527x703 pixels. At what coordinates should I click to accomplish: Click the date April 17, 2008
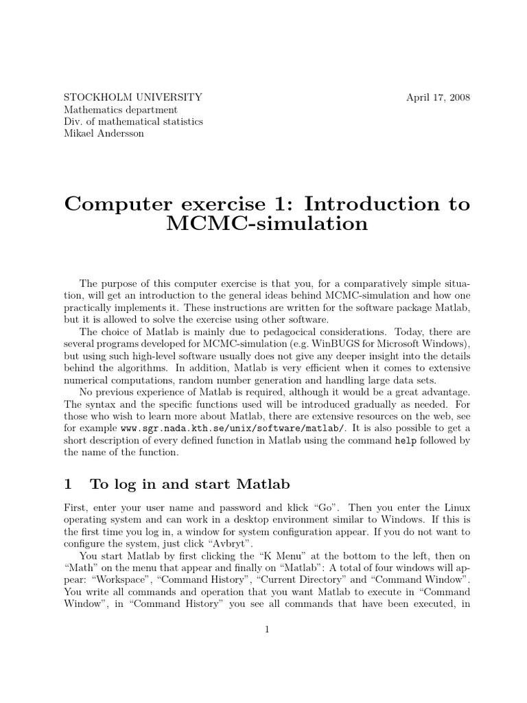[438, 97]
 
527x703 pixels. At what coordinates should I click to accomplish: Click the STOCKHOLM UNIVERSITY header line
[132, 97]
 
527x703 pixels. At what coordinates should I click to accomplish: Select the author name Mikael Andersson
[104, 134]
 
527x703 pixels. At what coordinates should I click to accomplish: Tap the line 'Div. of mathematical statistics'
[133, 122]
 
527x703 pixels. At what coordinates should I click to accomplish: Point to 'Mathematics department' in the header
[120, 109]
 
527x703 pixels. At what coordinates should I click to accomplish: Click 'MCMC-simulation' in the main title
[266, 224]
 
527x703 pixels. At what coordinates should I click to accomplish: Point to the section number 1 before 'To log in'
[68, 484]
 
